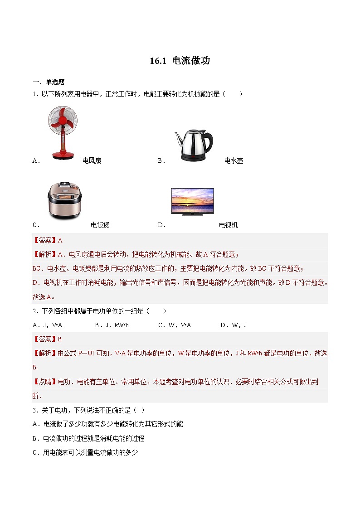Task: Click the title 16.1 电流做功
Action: click(x=180, y=61)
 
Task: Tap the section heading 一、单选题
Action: click(x=49, y=82)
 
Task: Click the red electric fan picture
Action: click(x=63, y=131)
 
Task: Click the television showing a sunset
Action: click(x=192, y=201)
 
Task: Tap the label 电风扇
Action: click(x=92, y=160)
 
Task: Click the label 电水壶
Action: click(x=234, y=160)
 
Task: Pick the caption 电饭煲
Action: click(x=100, y=225)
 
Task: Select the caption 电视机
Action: click(x=228, y=225)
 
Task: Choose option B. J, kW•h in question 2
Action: click(x=112, y=325)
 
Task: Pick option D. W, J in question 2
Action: click(x=234, y=325)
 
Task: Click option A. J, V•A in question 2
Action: click(x=48, y=325)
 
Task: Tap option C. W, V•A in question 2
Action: click(x=175, y=325)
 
